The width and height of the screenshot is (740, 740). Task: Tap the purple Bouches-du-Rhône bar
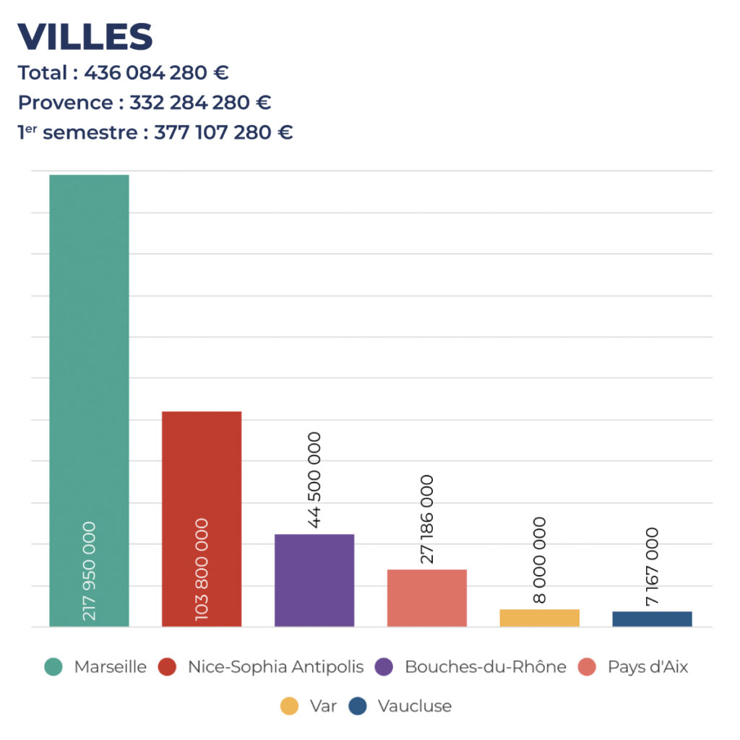click(x=314, y=580)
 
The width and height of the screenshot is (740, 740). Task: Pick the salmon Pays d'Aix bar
click(x=427, y=598)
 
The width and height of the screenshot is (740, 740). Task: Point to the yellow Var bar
click(x=539, y=618)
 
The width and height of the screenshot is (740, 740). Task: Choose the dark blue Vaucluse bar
click(x=652, y=619)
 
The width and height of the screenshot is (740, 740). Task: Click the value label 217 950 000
click(x=89, y=571)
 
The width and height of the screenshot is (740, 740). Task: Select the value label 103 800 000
click(x=202, y=569)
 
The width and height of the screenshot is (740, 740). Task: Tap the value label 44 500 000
click(x=314, y=480)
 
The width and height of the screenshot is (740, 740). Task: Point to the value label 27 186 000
click(x=427, y=519)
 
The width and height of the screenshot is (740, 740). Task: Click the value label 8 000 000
click(x=539, y=560)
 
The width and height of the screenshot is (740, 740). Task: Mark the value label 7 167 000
click(x=652, y=566)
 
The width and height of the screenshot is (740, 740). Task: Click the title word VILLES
click(x=85, y=37)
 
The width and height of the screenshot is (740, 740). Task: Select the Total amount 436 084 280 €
click(x=156, y=73)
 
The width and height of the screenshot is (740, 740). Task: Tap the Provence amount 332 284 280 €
click(x=200, y=103)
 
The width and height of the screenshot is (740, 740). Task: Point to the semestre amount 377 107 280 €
click(x=223, y=133)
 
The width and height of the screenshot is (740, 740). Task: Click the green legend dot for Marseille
click(x=53, y=667)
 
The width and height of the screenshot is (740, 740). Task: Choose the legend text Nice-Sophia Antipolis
click(x=275, y=667)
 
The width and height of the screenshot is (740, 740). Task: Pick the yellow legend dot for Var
click(x=289, y=706)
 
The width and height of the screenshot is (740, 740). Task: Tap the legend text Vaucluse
click(x=414, y=706)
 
